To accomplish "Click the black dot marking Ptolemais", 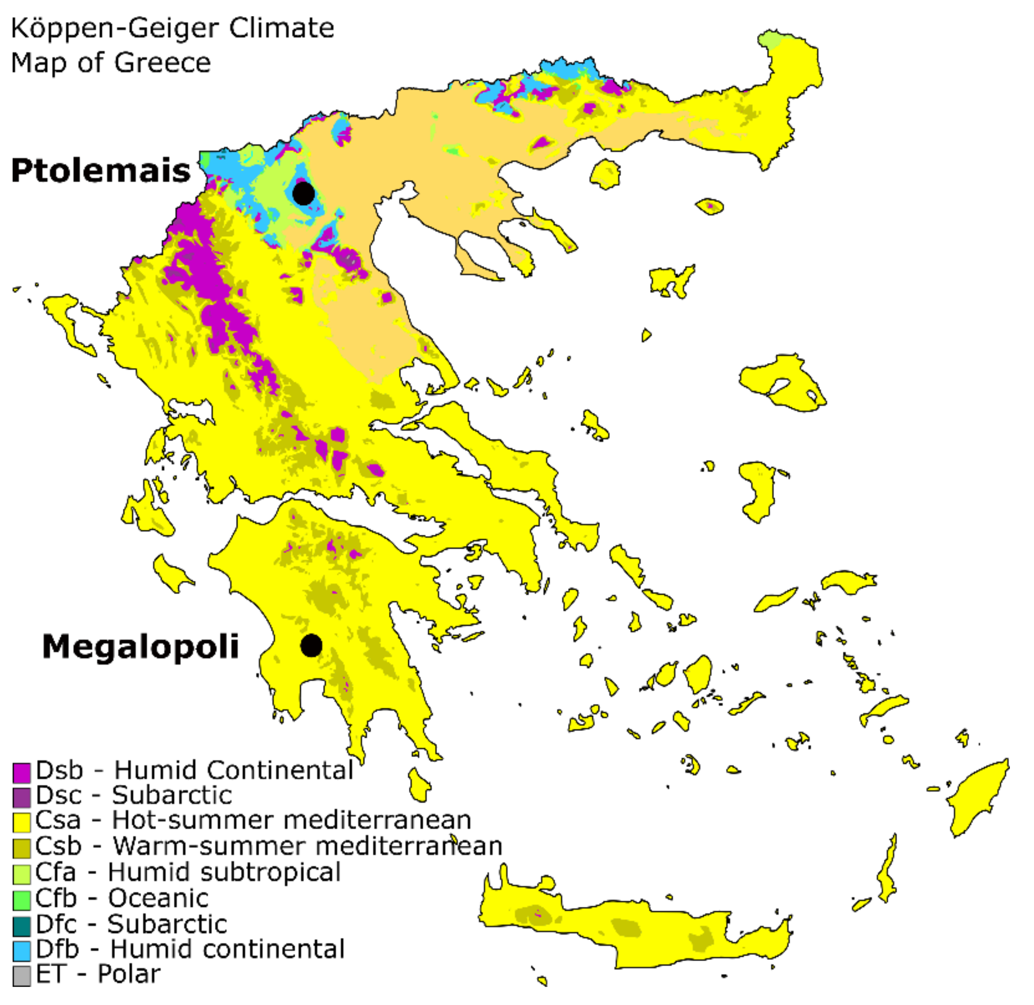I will pyautogui.click(x=303, y=193).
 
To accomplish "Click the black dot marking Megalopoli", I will pyautogui.click(x=311, y=646).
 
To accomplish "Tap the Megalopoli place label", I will pyautogui.click(x=141, y=647).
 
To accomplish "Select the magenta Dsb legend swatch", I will pyautogui.click(x=21, y=773).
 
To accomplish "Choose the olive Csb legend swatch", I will pyautogui.click(x=21, y=848).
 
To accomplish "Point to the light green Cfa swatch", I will pyautogui.click(x=21, y=874).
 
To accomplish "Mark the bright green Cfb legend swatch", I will pyautogui.click(x=21, y=900).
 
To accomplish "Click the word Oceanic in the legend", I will pyautogui.click(x=158, y=898).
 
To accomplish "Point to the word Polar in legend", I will pyautogui.click(x=129, y=974).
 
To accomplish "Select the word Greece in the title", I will pyautogui.click(x=162, y=63).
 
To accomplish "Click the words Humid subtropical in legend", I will pyautogui.click(x=224, y=873).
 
